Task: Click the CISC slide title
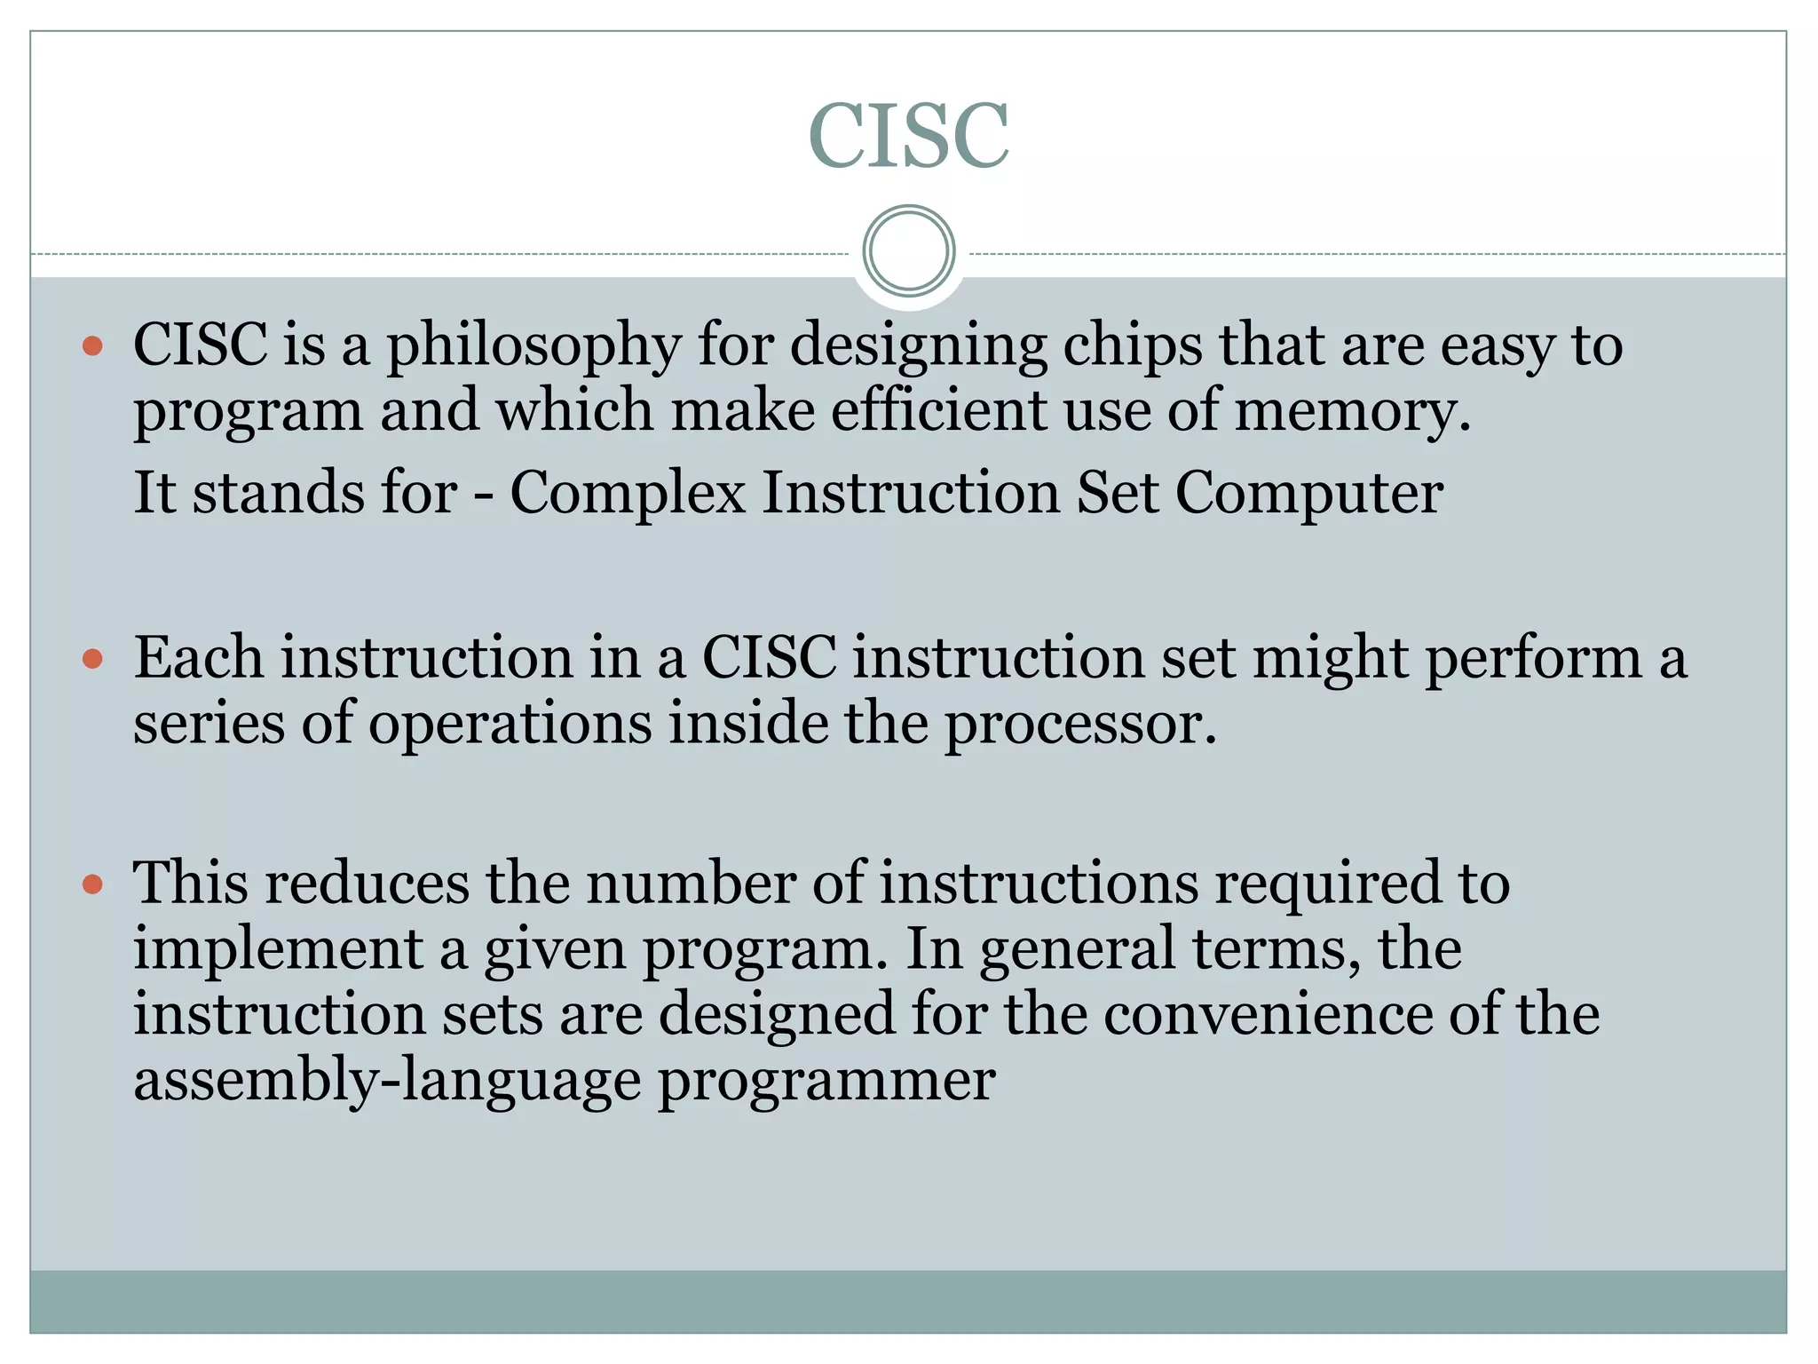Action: (908, 135)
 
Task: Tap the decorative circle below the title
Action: (908, 251)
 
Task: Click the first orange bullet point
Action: (92, 345)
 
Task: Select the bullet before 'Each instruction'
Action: (92, 659)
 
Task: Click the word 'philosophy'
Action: (533, 346)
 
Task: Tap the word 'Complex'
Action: (627, 493)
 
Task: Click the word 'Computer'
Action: (1309, 493)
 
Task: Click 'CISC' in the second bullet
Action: (769, 659)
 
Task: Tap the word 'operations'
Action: (510, 724)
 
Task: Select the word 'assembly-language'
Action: (387, 1082)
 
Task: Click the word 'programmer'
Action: (826, 1082)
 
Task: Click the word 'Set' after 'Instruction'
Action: (1117, 493)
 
